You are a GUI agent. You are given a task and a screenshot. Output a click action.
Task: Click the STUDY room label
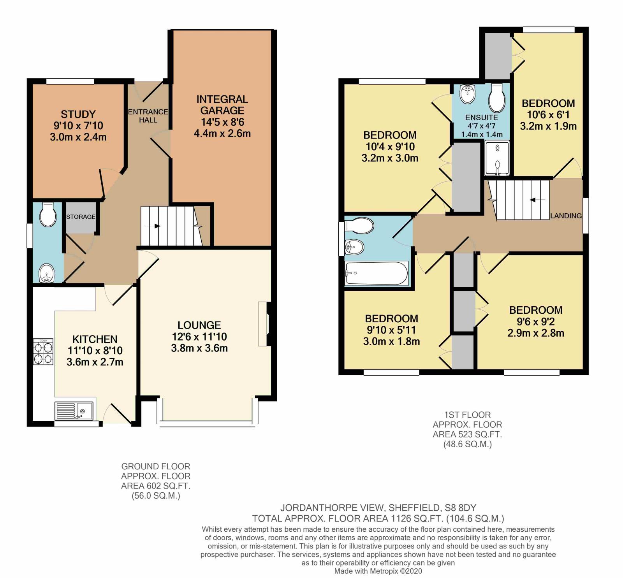pos(78,114)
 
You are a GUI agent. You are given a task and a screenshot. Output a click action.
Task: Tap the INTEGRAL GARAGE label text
pos(222,105)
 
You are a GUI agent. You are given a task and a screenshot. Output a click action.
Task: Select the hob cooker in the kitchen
pos(43,352)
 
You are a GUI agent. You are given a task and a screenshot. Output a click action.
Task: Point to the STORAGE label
pos(80,217)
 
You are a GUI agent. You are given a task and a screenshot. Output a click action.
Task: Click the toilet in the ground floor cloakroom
pos(48,215)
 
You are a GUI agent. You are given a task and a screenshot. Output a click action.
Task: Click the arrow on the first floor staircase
pos(538,200)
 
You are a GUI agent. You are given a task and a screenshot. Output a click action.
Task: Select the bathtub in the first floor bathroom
pos(376,273)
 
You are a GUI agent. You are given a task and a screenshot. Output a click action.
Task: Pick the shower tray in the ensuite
pos(497,158)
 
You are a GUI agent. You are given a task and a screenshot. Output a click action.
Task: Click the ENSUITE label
pos(481,118)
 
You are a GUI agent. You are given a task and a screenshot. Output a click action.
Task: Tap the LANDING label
pos(566,216)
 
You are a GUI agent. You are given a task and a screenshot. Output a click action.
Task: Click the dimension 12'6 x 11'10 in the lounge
pos(199,337)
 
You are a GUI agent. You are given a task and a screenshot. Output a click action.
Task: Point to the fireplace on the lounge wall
pos(265,324)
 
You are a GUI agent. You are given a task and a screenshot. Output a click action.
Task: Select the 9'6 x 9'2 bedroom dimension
pos(536,322)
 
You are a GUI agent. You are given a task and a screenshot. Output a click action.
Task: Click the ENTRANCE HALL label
pos(148,116)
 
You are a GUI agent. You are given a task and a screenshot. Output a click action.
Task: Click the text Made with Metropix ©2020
pos(378,571)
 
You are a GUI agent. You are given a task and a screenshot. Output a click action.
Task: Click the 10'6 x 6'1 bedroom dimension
pos(548,115)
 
